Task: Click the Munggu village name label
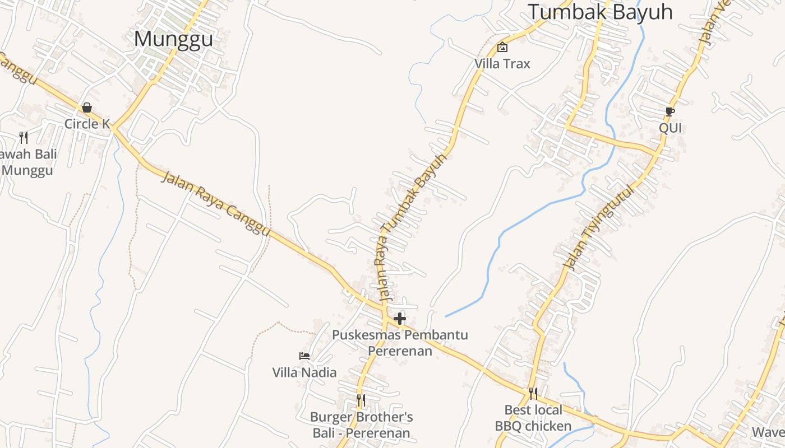174,39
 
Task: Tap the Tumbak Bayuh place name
600,11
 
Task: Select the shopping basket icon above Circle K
87,107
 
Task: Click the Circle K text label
87,124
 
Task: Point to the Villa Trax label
502,64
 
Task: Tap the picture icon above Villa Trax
502,47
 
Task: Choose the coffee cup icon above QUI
670,111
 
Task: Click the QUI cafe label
670,128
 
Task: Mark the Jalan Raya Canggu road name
216,204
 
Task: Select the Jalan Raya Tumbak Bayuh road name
412,227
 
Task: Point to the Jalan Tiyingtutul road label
600,227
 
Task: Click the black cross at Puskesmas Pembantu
400,319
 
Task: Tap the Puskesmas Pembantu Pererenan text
400,343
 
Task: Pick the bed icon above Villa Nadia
304,356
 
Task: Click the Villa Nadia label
304,372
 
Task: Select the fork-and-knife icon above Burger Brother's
361,400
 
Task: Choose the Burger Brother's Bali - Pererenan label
361,425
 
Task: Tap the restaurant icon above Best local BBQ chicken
533,394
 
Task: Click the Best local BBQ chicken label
533,418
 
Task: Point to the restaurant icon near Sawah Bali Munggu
24,137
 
